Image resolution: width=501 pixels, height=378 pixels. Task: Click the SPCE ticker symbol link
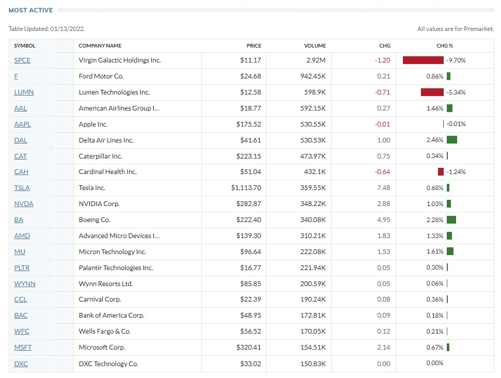[x=22, y=60]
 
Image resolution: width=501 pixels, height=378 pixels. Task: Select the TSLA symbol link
[x=22, y=188]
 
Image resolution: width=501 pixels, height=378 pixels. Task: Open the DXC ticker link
[x=21, y=364]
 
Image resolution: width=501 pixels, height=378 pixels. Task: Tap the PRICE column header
[x=254, y=46]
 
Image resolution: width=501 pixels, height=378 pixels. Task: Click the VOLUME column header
[x=315, y=46]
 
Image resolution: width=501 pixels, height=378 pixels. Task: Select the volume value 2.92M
[x=316, y=60]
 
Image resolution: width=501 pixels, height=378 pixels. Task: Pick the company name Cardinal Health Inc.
[x=107, y=172]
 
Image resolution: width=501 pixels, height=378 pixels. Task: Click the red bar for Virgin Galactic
[x=423, y=60]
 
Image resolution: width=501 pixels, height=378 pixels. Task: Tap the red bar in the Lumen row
[x=432, y=92]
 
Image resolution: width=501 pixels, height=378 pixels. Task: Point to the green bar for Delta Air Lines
[x=452, y=140]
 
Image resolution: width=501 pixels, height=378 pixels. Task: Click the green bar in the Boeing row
[x=451, y=220]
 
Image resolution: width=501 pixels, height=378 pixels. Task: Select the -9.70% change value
[x=456, y=60]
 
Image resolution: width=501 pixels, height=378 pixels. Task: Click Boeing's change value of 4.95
[x=383, y=220]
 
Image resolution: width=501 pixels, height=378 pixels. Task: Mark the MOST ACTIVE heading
[x=31, y=10]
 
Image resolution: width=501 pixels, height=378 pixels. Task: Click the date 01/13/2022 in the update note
[x=67, y=29]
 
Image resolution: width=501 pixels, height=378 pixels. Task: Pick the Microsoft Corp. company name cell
[x=102, y=348]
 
